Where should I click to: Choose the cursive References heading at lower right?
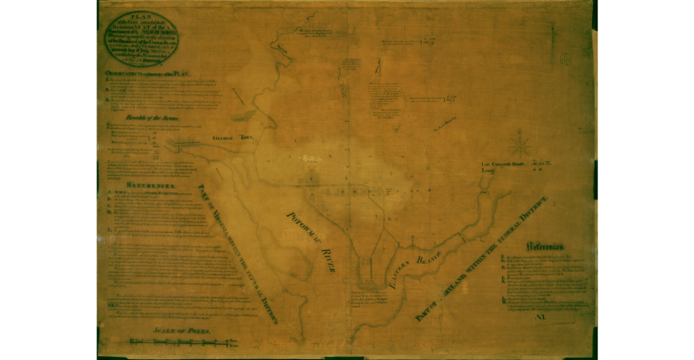click(546, 247)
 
